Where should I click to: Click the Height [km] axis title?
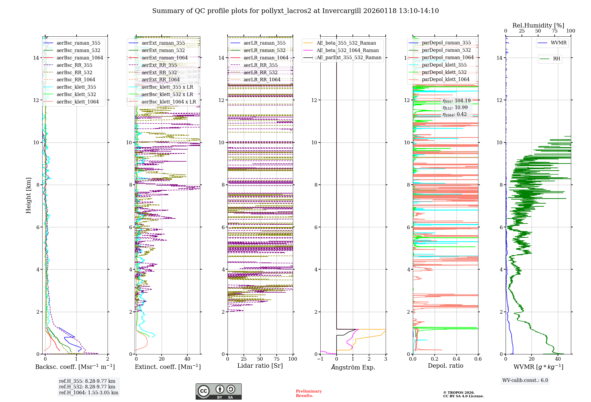click(x=28, y=195)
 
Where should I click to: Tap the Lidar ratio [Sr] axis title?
click(x=260, y=366)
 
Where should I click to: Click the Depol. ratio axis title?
click(x=445, y=366)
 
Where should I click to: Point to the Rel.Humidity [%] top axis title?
click(x=538, y=25)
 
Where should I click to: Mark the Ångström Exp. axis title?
click(x=353, y=367)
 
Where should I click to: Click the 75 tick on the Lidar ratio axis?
click(x=277, y=359)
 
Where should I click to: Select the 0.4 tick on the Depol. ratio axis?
click(x=456, y=359)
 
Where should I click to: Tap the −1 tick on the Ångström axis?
click(x=320, y=359)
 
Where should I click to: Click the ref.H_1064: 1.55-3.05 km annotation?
click(x=89, y=393)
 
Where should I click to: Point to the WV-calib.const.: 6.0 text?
click(x=525, y=380)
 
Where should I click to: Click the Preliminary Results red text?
click(x=309, y=393)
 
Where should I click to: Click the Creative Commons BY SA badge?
click(x=218, y=392)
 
